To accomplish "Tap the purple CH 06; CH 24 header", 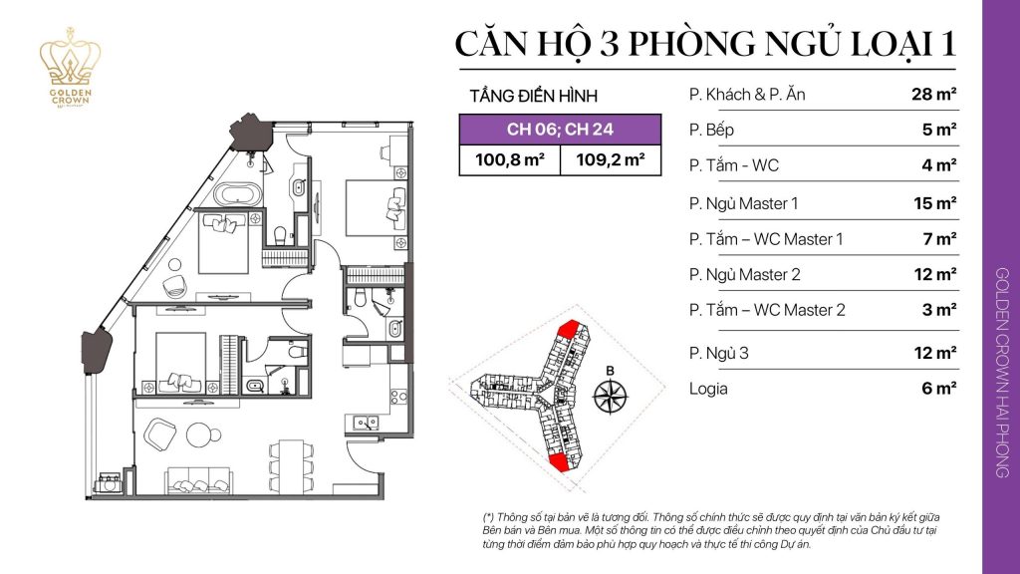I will [x=560, y=129].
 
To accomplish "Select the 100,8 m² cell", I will [x=510, y=159].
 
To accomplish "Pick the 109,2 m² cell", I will [x=611, y=159].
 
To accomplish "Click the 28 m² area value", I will [x=933, y=96].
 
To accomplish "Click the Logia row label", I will [x=708, y=389].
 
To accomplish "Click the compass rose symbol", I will [x=608, y=396].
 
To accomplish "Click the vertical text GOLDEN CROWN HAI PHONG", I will [x=1000, y=373].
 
